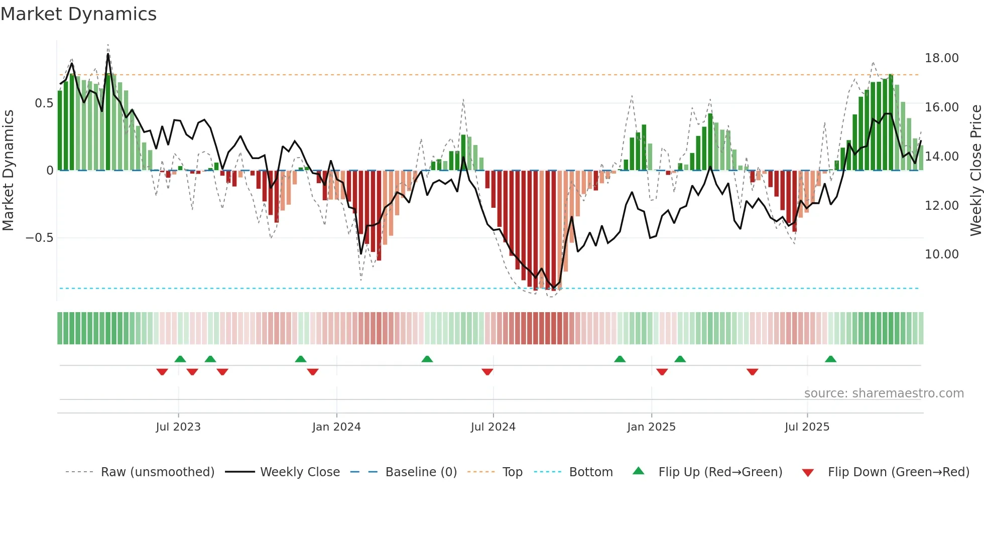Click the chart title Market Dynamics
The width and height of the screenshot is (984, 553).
[x=79, y=14]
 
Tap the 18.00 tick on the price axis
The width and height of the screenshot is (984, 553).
[x=941, y=58]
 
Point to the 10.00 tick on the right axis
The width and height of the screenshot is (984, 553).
[x=941, y=254]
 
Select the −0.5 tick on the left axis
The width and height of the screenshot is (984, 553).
[x=40, y=238]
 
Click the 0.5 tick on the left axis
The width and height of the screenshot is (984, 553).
[x=44, y=103]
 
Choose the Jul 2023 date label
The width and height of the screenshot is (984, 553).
[x=178, y=427]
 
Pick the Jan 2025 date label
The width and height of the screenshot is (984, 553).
[x=651, y=427]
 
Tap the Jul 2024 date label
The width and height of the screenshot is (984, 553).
[x=493, y=427]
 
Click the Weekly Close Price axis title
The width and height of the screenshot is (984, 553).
[x=975, y=171]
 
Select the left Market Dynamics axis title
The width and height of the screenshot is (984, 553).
[x=8, y=171]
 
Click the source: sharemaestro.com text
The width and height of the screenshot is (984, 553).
[x=884, y=393]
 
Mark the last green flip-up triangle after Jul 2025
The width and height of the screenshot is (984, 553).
[x=830, y=359]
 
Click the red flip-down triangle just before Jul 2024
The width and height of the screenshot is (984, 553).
[x=487, y=372]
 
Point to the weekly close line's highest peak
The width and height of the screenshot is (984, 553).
[x=108, y=54]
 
